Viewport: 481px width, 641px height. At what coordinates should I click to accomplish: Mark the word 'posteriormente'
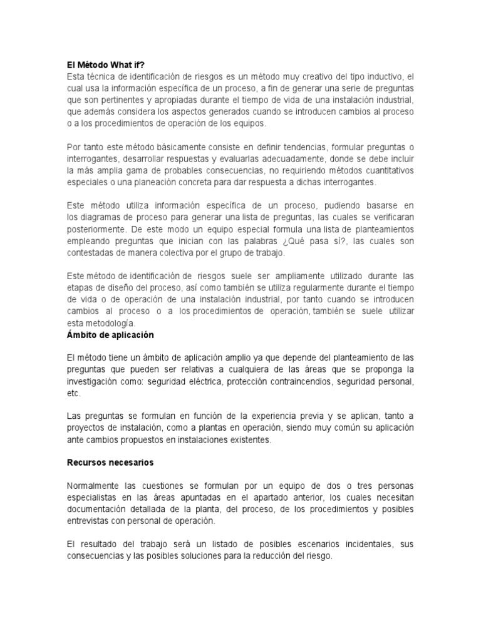[95, 228]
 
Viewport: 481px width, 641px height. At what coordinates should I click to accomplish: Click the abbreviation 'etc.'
[74, 393]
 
